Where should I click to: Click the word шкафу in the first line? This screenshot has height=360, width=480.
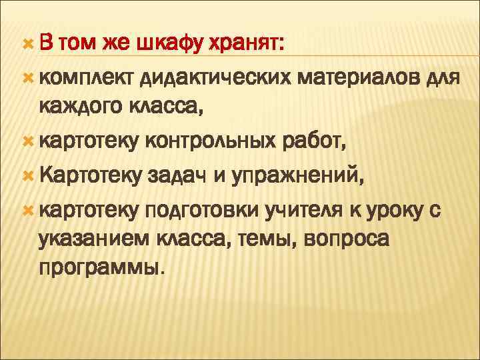(171, 44)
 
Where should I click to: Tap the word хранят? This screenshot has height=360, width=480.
(247, 44)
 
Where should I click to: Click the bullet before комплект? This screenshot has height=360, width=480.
(27, 79)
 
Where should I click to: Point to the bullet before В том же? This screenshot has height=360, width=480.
(27, 44)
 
